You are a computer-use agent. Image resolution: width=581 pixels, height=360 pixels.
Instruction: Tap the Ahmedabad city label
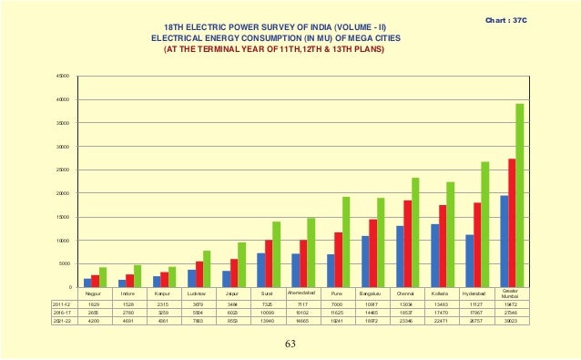pyautogui.click(x=302, y=293)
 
